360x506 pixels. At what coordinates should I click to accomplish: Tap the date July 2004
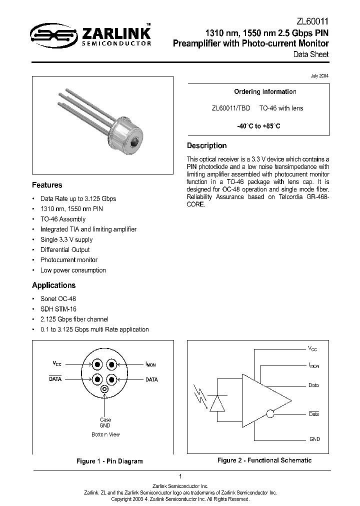coord(320,75)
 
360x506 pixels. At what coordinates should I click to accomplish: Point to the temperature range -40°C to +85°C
coord(258,126)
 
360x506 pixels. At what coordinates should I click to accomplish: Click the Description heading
coord(206,146)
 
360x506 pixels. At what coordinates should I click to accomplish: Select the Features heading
coord(47,185)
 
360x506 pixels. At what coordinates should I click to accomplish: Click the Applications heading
coord(53,285)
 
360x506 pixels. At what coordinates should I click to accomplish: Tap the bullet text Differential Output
coord(65,250)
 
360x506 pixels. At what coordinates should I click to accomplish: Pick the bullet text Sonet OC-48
coord(58,298)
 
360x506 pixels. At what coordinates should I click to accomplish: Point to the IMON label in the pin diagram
coord(150,365)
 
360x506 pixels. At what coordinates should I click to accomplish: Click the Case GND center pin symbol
coord(105,389)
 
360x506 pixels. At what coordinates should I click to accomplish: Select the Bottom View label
coord(105,434)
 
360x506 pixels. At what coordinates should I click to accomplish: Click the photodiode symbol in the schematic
coord(217,403)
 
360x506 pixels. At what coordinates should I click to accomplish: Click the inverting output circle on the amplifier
coord(270,413)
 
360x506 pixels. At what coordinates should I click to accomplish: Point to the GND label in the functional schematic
coord(314,439)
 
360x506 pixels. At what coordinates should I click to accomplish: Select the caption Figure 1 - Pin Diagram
coord(109,461)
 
